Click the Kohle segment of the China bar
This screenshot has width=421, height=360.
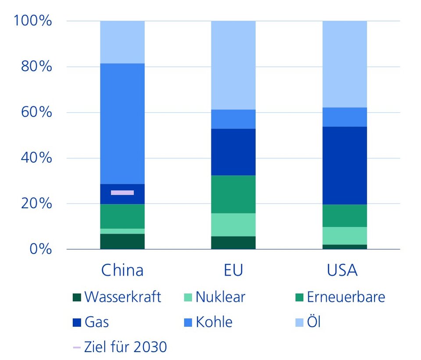[122, 124]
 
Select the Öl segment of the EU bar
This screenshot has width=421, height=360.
[233, 65]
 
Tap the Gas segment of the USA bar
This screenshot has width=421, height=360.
[345, 165]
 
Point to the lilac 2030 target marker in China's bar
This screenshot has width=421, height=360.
[122, 192]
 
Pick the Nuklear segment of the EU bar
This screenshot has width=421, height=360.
[233, 225]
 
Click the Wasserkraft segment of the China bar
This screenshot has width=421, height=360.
[122, 241]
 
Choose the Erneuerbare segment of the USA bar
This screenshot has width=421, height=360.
[345, 216]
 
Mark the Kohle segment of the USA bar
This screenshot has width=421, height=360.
[345, 117]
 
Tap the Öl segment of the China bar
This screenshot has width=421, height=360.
[122, 42]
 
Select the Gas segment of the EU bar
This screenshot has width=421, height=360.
[233, 152]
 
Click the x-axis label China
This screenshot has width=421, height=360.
[122, 270]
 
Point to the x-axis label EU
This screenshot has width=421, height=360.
[233, 270]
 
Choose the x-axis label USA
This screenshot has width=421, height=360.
[343, 270]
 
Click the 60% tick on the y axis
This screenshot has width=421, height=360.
[35, 112]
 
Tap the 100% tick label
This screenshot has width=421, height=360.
[33, 21]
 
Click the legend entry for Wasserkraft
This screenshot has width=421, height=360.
[117, 297]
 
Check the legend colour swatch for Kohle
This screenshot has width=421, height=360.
[188, 323]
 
